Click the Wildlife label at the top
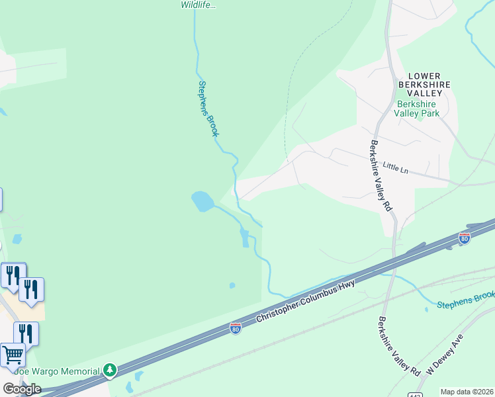[x=199, y=5]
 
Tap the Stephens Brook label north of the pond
[x=208, y=109]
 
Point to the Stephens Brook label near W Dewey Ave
[x=465, y=299]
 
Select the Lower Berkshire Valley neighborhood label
[x=424, y=85]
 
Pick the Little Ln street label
[x=396, y=168]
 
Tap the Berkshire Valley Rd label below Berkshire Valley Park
[x=381, y=176]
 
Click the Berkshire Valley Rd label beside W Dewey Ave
[x=399, y=347]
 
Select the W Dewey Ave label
[x=444, y=355]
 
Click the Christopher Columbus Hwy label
[x=306, y=302]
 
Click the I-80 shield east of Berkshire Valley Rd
[x=465, y=238]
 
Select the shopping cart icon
[x=13, y=355]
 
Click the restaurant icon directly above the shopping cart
[x=26, y=333]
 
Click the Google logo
[x=22, y=389]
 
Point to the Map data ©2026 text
[x=467, y=392]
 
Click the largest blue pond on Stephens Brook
[x=202, y=200]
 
